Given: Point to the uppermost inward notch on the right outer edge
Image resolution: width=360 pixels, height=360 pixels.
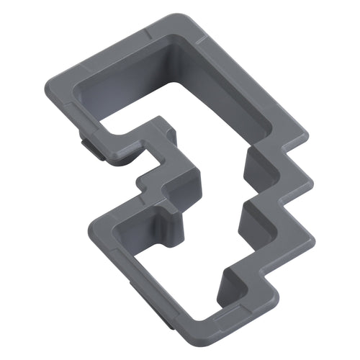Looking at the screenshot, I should tap(288, 155).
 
